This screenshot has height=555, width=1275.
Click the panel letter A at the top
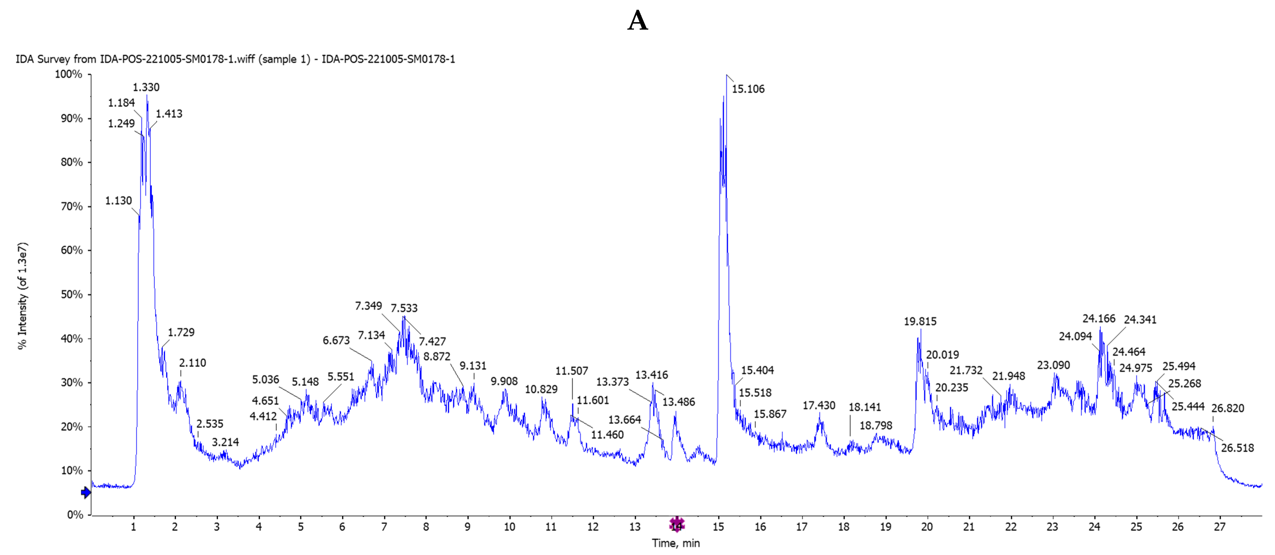coord(638,21)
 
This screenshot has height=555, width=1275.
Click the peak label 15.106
coord(748,89)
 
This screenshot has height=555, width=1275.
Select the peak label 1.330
coord(146,88)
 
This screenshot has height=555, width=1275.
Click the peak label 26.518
coord(1237,448)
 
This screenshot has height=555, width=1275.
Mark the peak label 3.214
coord(225,442)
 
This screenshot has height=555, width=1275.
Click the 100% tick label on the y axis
coord(68,74)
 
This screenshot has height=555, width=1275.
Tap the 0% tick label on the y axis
coord(75,515)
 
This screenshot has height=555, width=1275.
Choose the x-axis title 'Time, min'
coord(676,543)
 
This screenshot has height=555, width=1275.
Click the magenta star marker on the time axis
coord(677,524)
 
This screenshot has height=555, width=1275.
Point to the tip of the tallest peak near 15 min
coord(726,75)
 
